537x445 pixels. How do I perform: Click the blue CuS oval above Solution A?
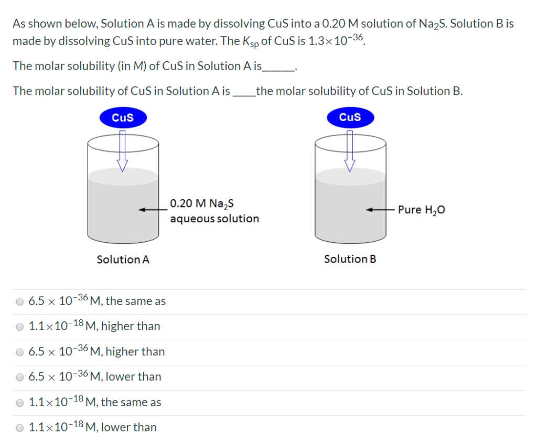[x=123, y=117]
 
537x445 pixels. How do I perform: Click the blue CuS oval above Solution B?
[x=350, y=117]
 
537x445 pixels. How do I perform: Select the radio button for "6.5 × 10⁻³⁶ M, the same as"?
[x=20, y=301]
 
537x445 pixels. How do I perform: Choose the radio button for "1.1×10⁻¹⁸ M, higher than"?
[x=20, y=327]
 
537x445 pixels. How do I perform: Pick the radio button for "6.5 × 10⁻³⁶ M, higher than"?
[x=20, y=352]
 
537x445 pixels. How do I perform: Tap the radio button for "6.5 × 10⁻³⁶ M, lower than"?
[x=20, y=377]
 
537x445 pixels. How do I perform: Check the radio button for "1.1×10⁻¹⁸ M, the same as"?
[x=20, y=403]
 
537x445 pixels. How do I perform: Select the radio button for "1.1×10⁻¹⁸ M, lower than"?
[x=20, y=428]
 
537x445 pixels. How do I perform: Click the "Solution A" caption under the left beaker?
[x=123, y=259]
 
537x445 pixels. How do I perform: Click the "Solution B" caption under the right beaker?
[x=350, y=259]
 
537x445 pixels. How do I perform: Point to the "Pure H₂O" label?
[x=422, y=210]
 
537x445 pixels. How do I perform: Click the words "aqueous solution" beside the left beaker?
[x=214, y=219]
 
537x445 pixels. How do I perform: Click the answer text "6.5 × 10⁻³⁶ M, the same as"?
[x=97, y=301]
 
